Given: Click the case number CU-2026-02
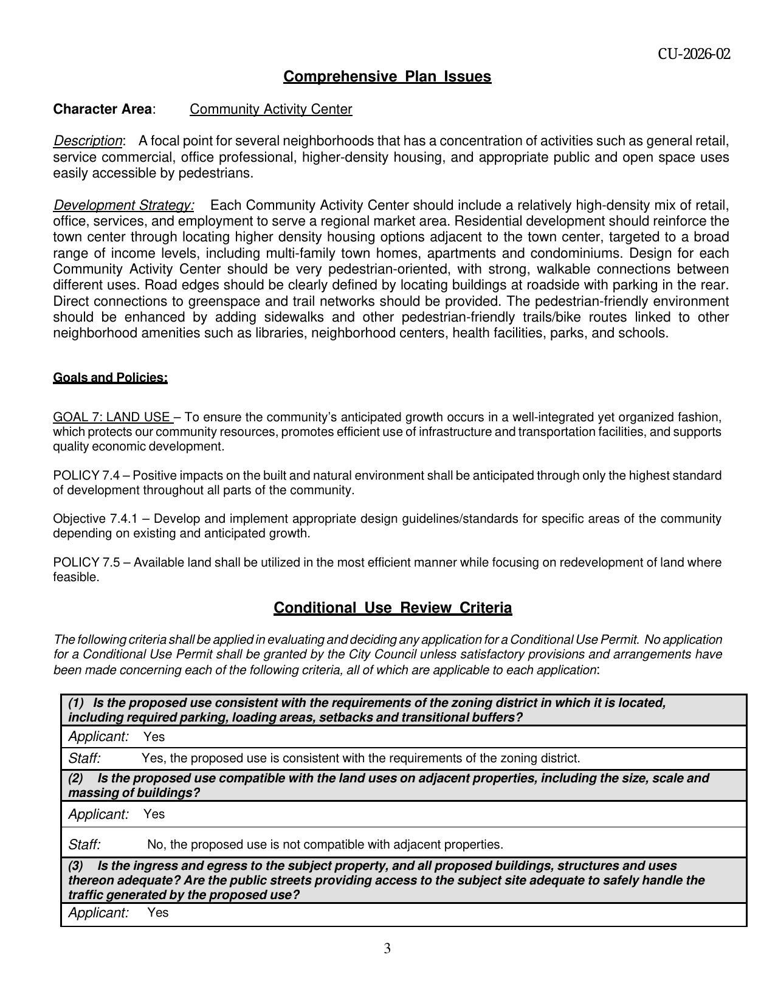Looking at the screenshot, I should (694, 54).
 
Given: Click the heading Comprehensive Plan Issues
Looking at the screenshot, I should (387, 77).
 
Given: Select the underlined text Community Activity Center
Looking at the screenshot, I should (270, 109).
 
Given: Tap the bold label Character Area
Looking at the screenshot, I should (102, 109).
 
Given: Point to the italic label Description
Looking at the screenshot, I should (88, 141).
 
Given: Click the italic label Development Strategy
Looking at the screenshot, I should (123, 205).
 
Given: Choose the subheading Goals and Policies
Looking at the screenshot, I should (110, 377).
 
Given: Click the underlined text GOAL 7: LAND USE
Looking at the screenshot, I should (112, 417).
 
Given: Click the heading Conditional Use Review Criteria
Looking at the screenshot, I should (393, 608).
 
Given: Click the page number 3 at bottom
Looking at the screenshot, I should (387, 948).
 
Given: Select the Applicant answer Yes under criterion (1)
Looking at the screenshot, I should (154, 737).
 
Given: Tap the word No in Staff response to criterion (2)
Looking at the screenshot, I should (154, 844).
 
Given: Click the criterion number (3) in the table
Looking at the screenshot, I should (76, 866).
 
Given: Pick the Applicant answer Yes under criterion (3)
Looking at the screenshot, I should (157, 912).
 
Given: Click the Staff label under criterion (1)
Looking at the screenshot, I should (84, 758).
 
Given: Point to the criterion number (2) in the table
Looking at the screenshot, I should (76, 778).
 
